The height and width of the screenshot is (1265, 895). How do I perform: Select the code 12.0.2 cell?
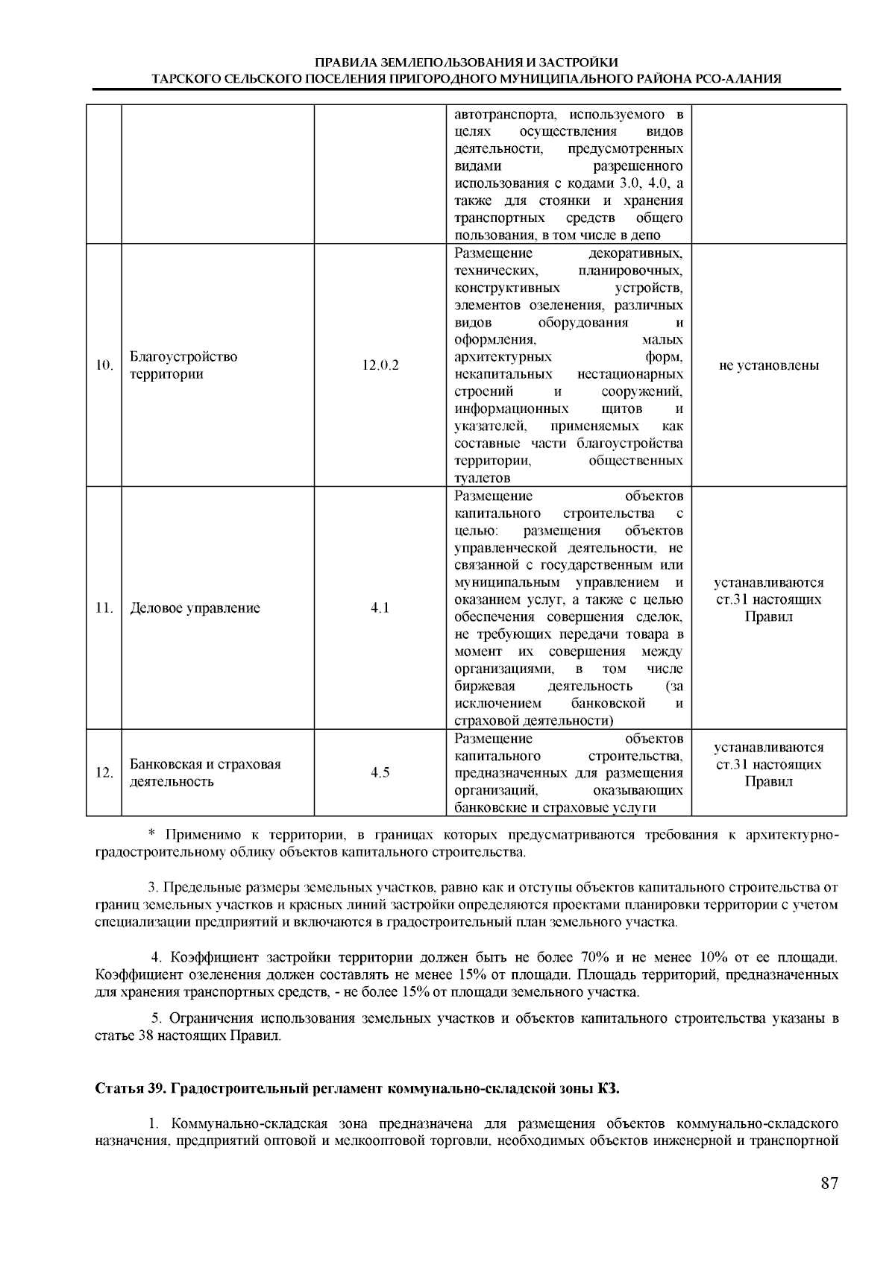(380, 365)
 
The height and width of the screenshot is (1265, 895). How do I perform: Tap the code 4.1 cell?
(380, 608)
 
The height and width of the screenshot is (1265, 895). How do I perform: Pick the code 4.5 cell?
(380, 772)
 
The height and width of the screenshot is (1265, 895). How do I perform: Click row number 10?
(104, 365)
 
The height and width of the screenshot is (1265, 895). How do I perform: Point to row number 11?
(104, 608)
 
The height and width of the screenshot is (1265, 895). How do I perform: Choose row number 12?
(104, 772)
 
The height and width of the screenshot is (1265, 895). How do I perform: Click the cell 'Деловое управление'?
(195, 608)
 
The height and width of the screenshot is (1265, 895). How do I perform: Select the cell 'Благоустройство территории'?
(183, 365)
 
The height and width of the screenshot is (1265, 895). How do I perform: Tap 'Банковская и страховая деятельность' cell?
(205, 772)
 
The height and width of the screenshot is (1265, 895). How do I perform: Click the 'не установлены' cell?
(768, 365)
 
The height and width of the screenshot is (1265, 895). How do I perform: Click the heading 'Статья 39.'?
(131, 1088)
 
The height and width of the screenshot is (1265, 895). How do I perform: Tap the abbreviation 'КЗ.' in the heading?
(609, 1088)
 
